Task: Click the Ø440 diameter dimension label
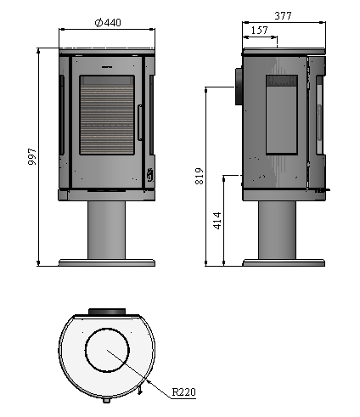[x=108, y=22]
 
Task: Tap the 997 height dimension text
[x=32, y=156]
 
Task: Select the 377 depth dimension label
[x=283, y=16]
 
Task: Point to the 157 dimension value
[x=259, y=30]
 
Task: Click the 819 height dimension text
[x=200, y=176]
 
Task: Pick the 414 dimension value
[x=217, y=221]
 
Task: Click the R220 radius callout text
[x=184, y=392]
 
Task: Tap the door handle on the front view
[x=140, y=122]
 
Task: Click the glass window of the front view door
[x=107, y=115]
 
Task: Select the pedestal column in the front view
[x=106, y=230]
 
